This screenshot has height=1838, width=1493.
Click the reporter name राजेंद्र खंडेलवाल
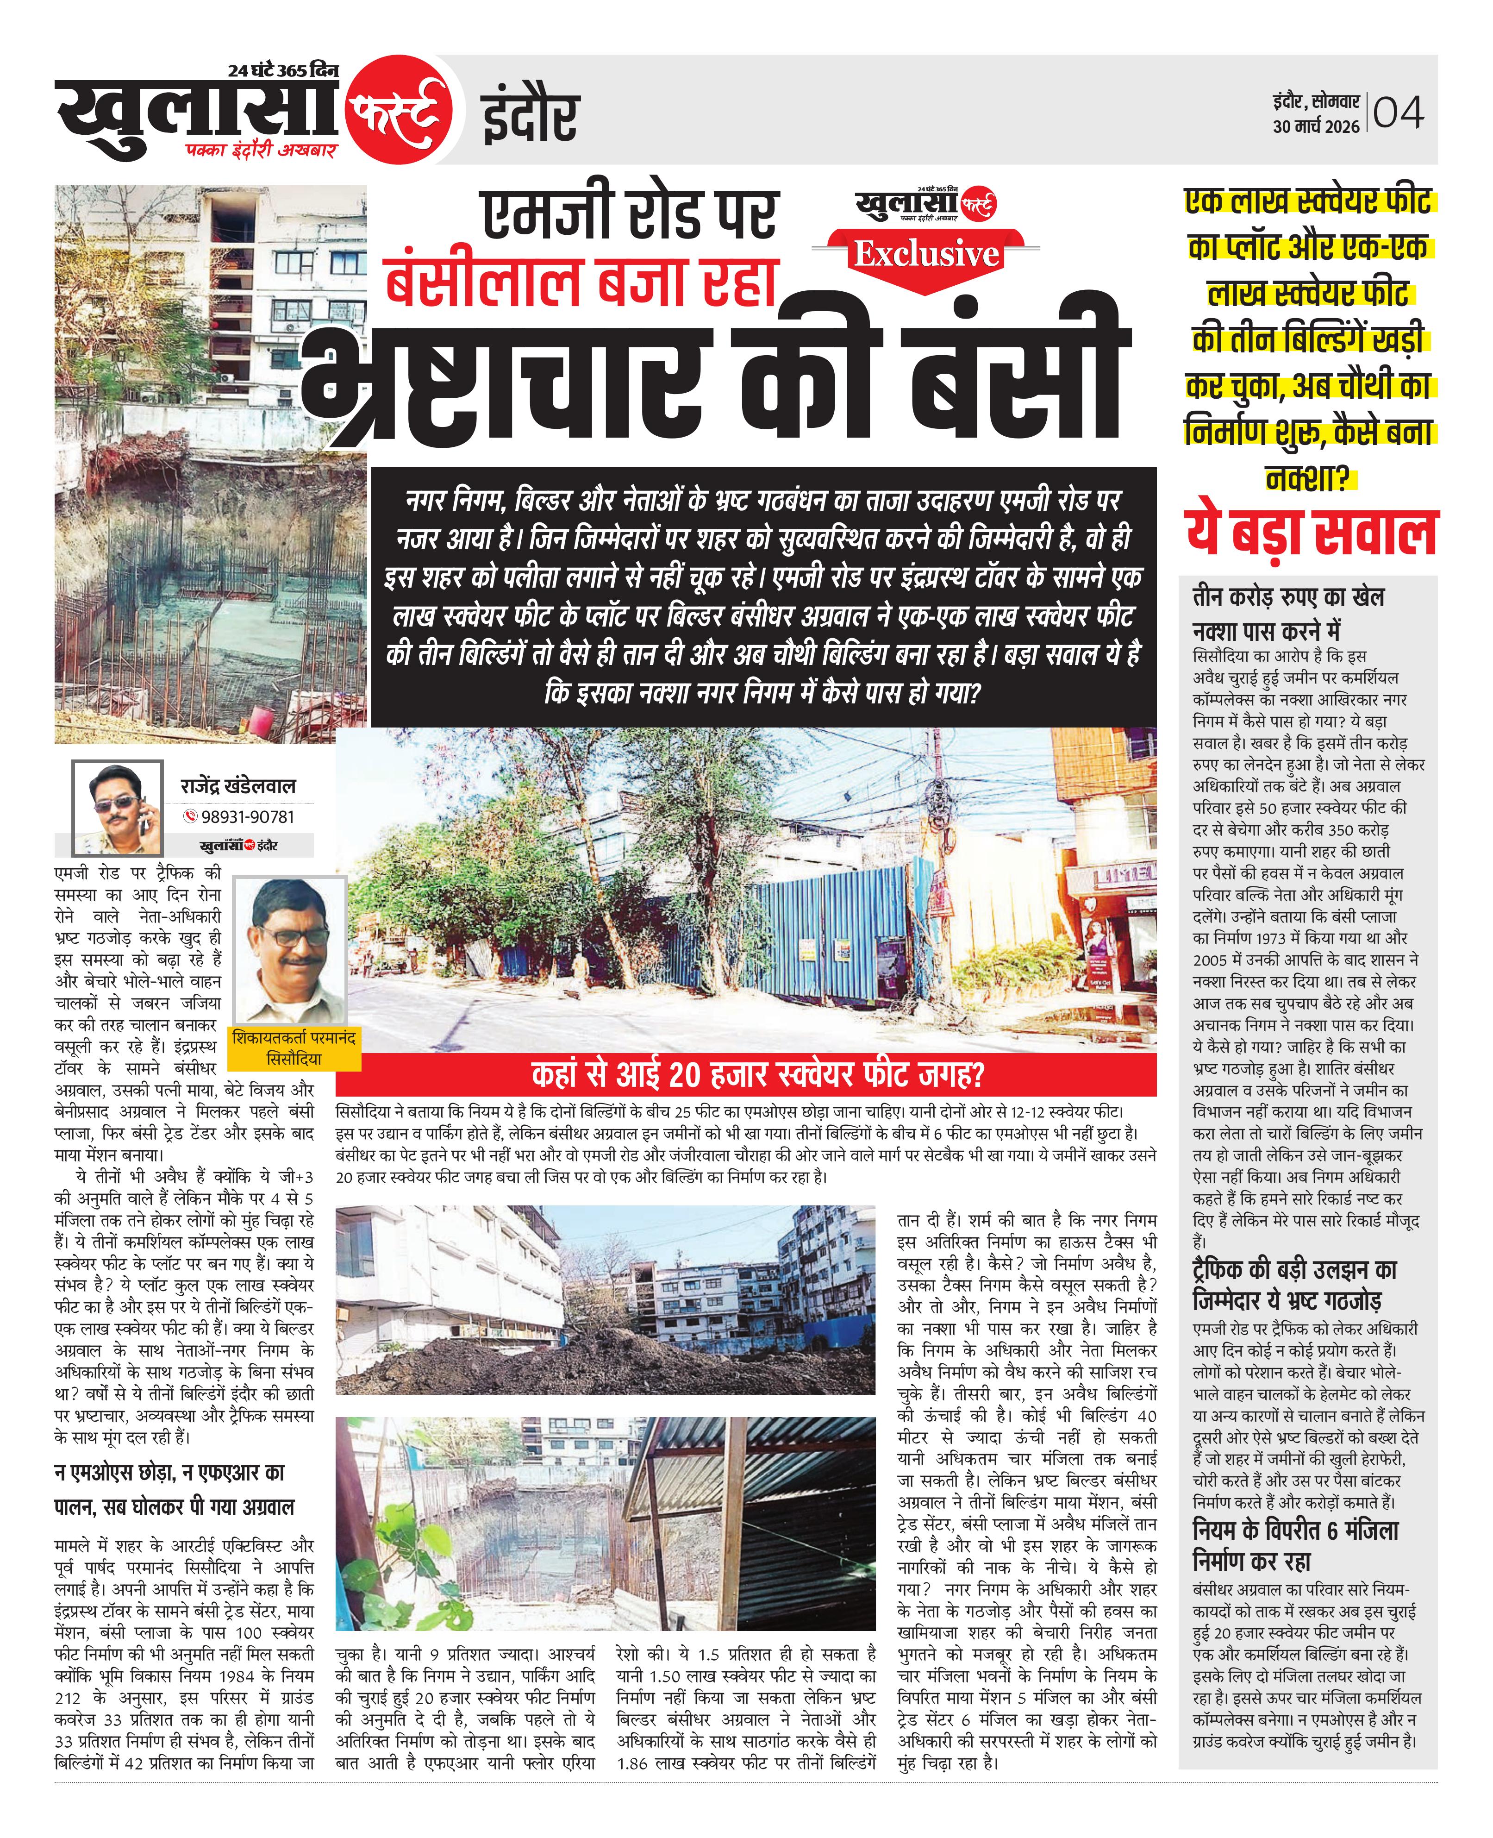click(x=238, y=785)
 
